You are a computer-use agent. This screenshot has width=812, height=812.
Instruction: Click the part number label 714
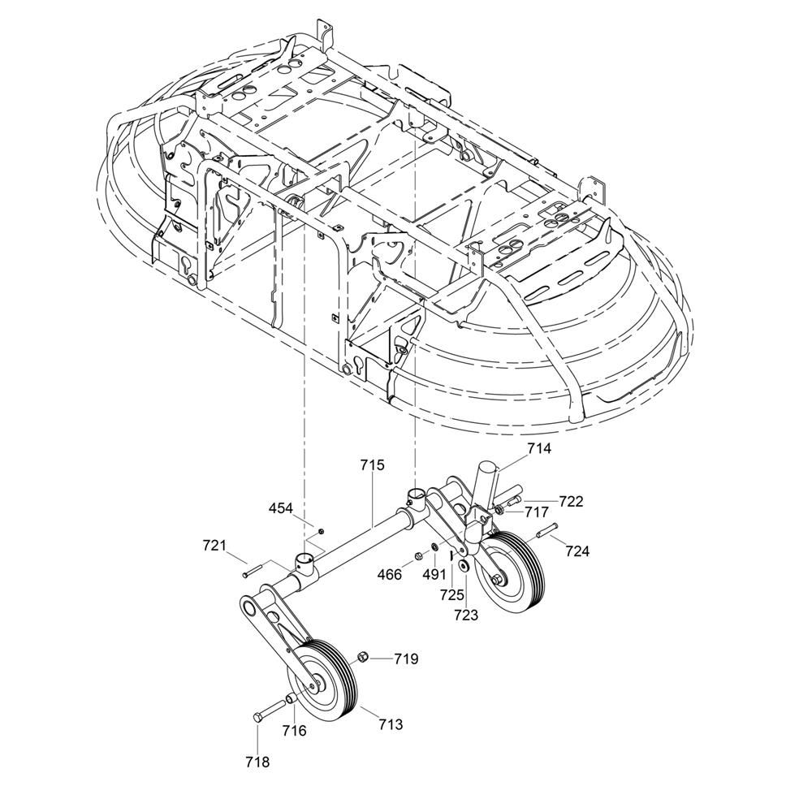(539, 448)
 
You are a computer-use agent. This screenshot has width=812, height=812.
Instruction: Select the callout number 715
(373, 465)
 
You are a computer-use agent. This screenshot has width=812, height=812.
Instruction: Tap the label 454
(281, 508)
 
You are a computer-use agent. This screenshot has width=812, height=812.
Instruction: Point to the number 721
(214, 546)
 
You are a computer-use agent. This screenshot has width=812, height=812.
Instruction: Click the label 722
(571, 501)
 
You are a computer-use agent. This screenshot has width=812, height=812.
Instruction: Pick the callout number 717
(536, 512)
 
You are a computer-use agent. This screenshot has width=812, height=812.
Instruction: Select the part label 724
(577, 551)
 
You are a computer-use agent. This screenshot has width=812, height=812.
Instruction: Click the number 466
(390, 574)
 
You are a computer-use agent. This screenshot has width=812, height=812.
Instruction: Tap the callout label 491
(434, 574)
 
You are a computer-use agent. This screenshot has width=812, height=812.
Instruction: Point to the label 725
(452, 595)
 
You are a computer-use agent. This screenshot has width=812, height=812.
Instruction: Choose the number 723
(465, 615)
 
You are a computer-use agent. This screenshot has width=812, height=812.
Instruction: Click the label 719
(406, 659)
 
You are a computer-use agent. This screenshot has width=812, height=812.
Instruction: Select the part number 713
(391, 724)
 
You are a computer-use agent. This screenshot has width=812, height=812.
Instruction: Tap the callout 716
(294, 731)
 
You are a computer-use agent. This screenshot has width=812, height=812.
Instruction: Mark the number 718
(258, 762)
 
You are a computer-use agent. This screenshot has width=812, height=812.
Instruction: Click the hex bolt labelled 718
(270, 710)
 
